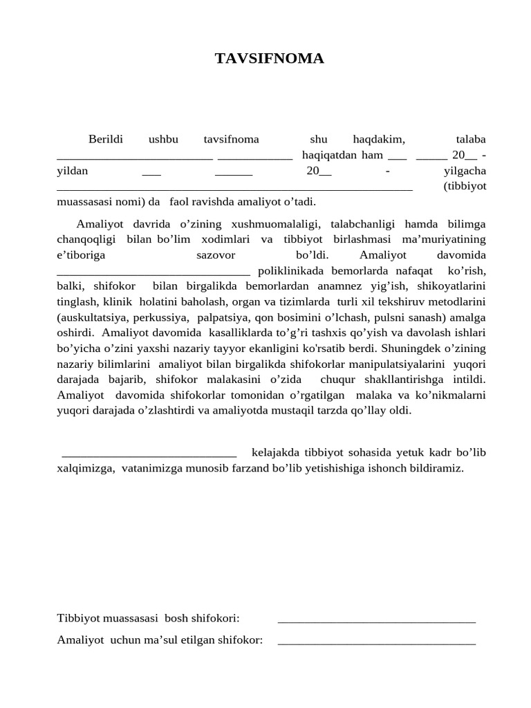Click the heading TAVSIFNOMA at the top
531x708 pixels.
click(x=269, y=59)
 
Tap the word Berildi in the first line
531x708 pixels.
click(x=105, y=139)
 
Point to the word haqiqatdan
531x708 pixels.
click(x=328, y=155)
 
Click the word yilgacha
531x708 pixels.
click(x=465, y=171)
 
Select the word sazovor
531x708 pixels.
click(x=216, y=254)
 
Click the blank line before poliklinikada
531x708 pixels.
click(x=153, y=272)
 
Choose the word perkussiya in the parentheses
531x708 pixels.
click(x=162, y=317)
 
